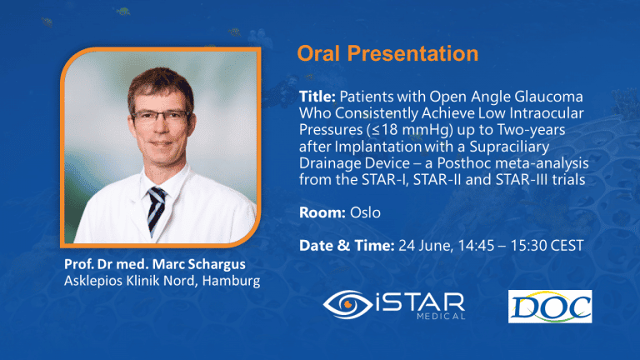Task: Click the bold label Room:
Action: tap(321, 213)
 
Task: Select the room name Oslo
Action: tap(365, 213)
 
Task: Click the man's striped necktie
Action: tap(157, 208)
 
